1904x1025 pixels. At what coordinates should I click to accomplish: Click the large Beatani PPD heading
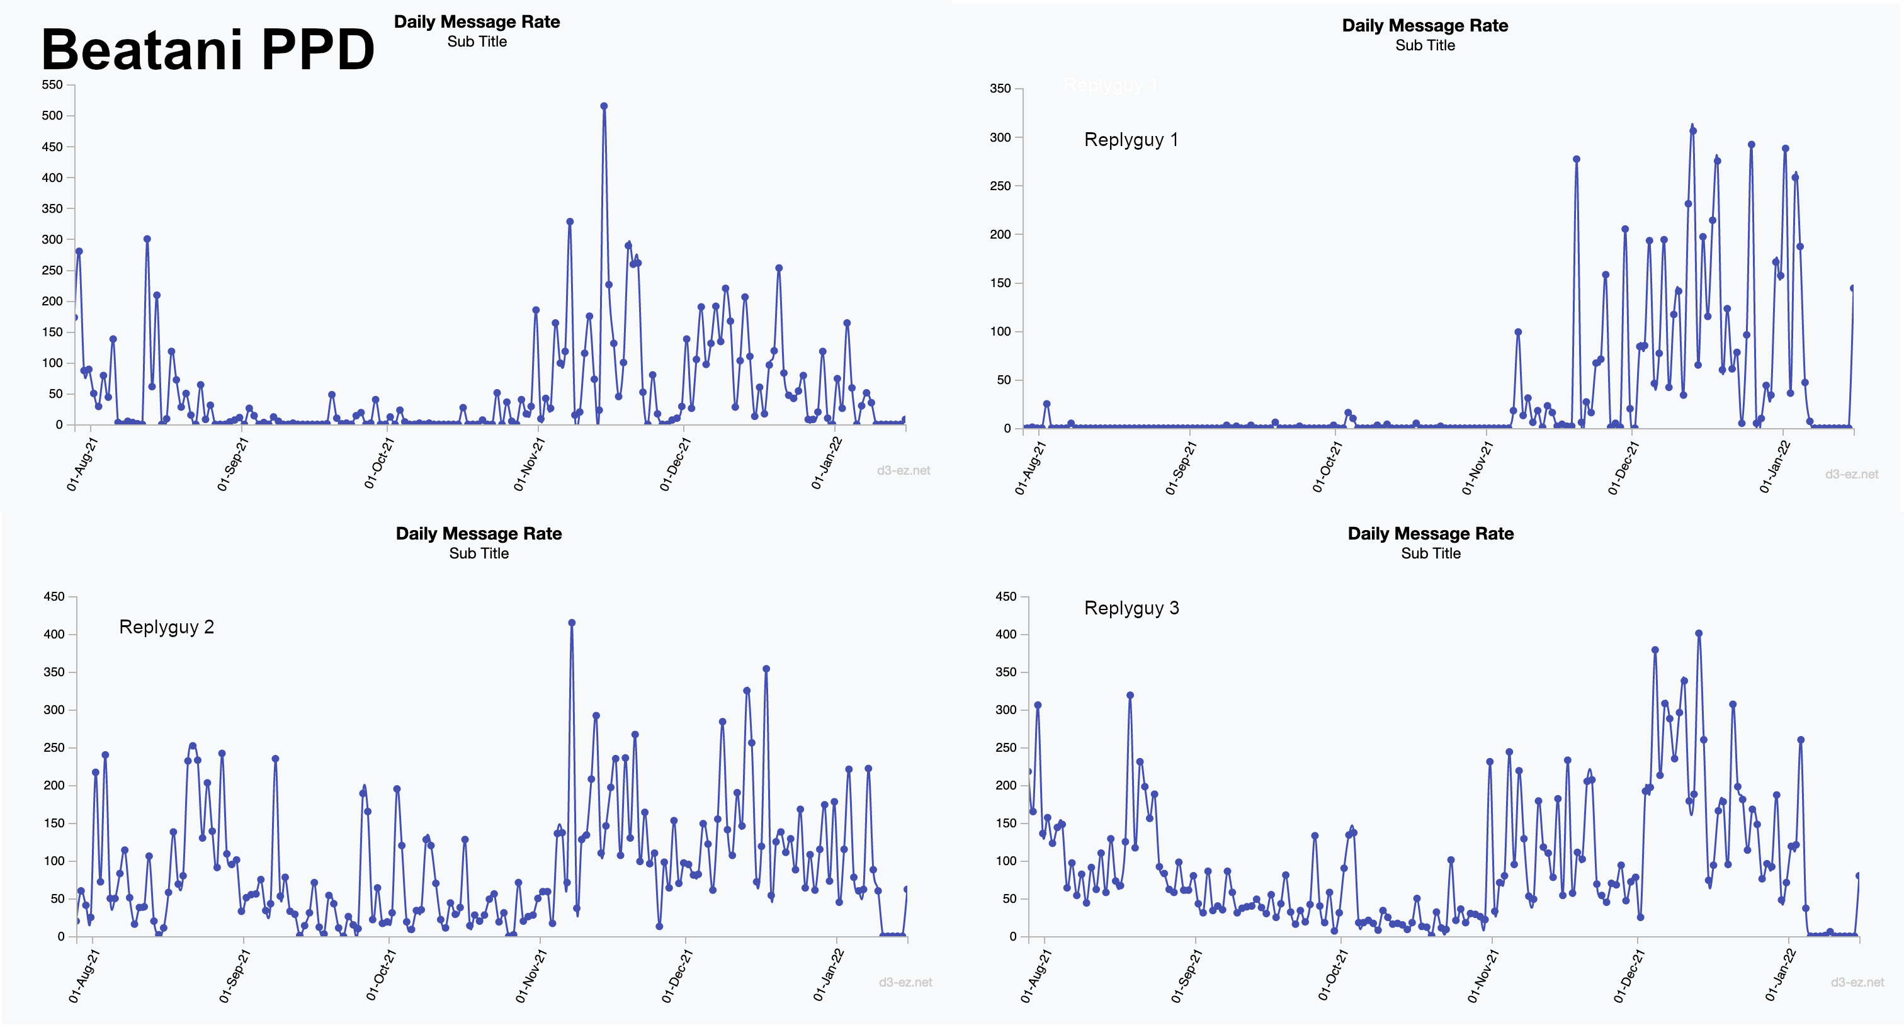click(208, 50)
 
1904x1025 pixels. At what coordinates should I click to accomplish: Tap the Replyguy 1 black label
click(1130, 140)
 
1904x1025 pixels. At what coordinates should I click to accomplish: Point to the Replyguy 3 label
click(1131, 608)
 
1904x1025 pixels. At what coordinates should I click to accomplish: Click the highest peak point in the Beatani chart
click(604, 106)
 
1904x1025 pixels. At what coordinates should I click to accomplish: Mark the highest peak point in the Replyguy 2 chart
click(571, 623)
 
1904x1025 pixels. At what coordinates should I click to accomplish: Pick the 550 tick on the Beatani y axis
click(52, 85)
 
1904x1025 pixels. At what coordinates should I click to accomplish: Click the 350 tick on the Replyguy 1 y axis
click(1000, 89)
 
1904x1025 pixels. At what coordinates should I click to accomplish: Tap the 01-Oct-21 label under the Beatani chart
click(379, 463)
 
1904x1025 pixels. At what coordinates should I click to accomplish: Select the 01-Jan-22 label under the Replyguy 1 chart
click(1775, 467)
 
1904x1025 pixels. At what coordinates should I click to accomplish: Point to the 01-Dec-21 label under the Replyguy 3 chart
click(1628, 975)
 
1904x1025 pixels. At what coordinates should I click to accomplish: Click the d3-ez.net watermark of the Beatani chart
click(904, 471)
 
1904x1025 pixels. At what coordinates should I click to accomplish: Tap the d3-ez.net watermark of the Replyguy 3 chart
click(1857, 982)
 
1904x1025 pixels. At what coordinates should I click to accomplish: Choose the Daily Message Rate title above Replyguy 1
click(1424, 26)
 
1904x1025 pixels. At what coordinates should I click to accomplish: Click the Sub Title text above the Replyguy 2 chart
click(479, 553)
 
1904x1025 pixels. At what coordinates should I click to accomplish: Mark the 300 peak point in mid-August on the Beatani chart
click(147, 239)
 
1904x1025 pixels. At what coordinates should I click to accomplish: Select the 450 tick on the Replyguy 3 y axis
click(1006, 596)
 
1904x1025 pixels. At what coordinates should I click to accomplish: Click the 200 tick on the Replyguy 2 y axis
click(54, 786)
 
